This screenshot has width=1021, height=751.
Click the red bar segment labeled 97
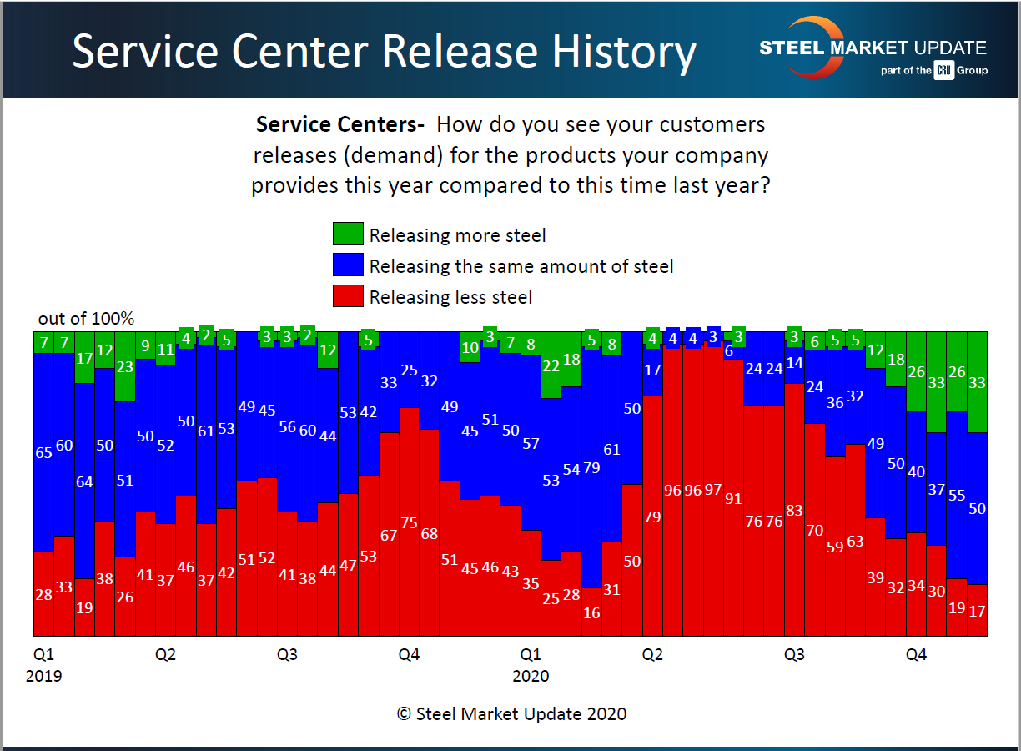click(713, 489)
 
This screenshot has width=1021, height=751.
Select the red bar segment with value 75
click(409, 522)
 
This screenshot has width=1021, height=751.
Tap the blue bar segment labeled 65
click(43, 452)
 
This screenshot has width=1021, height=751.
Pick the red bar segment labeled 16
click(591, 612)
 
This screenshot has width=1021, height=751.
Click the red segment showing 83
click(794, 510)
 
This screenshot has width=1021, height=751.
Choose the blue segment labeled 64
click(84, 482)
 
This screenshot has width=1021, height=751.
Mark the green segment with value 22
click(551, 365)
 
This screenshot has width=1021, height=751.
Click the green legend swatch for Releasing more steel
click(348, 234)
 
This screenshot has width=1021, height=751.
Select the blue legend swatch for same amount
click(348, 265)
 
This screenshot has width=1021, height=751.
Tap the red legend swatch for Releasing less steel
click(348, 296)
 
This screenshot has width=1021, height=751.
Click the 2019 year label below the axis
click(43, 676)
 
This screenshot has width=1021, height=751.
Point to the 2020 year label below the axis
click(531, 676)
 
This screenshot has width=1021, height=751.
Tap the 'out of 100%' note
click(86, 319)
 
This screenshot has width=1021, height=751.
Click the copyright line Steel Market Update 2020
click(511, 713)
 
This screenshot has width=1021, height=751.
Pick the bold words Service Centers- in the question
click(340, 125)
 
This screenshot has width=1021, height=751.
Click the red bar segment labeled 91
click(733, 497)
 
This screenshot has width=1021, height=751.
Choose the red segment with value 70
click(815, 530)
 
